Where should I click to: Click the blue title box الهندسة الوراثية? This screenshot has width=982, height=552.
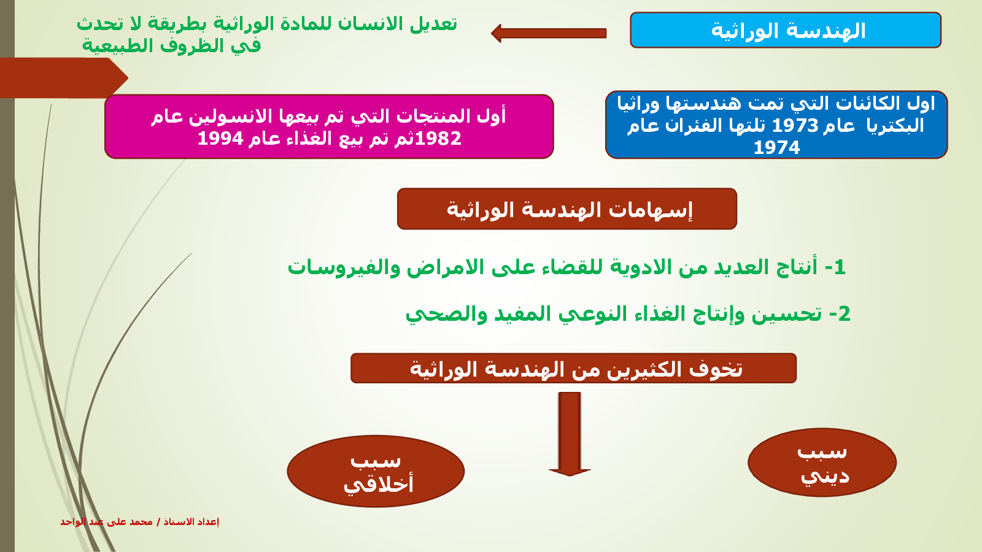786,30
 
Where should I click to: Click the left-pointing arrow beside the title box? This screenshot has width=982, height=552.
549,33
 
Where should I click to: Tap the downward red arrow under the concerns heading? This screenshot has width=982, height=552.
570,433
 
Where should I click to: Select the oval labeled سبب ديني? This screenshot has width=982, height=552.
822,462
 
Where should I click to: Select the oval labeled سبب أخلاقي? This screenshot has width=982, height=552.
376,471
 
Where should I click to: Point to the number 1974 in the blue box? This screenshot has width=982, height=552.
776,148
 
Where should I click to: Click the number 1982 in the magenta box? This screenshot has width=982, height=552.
438,139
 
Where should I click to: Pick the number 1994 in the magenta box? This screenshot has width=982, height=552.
220,139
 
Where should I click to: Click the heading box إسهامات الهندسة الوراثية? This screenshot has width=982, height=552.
566,209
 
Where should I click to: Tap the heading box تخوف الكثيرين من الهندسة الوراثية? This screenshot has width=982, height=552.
573,369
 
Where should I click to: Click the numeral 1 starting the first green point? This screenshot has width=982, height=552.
840,267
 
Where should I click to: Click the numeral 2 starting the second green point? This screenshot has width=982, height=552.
845,314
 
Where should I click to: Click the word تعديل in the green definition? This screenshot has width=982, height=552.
433,24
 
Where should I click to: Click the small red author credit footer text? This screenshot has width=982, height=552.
139,522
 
